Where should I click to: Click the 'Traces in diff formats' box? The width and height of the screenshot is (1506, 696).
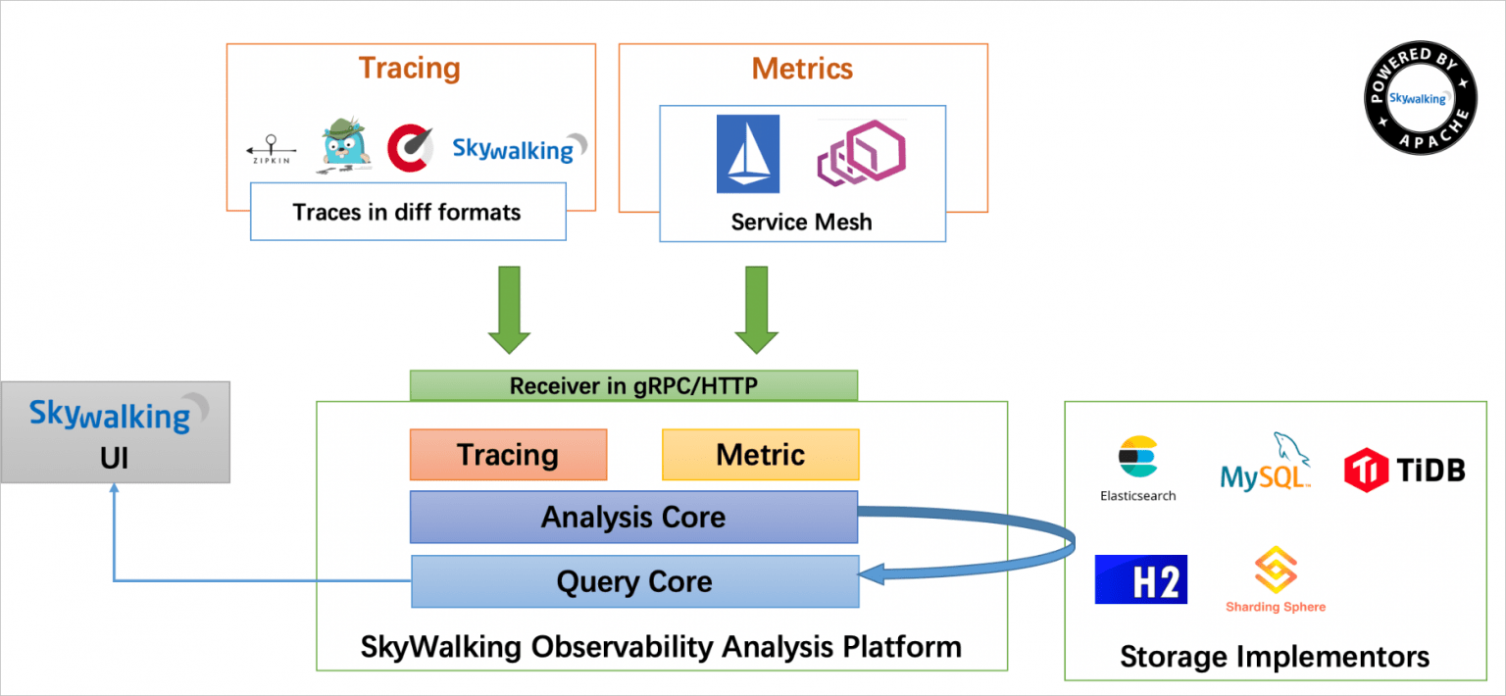coord(408,211)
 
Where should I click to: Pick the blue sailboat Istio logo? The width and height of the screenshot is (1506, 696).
coord(747,153)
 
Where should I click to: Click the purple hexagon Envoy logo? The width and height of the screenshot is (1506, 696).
coord(861,153)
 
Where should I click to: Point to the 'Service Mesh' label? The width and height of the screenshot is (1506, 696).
coord(801,222)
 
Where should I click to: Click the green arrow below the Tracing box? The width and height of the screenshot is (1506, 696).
coord(508,309)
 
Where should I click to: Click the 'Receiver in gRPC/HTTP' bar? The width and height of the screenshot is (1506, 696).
coord(633,385)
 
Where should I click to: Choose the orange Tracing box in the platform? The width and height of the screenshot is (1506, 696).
coord(508,455)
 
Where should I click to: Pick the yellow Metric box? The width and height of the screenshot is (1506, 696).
coord(760,455)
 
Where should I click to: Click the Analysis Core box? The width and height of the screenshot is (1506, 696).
coord(633,517)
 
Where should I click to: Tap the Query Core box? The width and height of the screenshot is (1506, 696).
coord(633,581)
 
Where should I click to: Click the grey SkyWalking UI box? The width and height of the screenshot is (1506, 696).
coord(115,432)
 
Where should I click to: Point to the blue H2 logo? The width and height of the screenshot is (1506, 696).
coord(1140,578)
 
